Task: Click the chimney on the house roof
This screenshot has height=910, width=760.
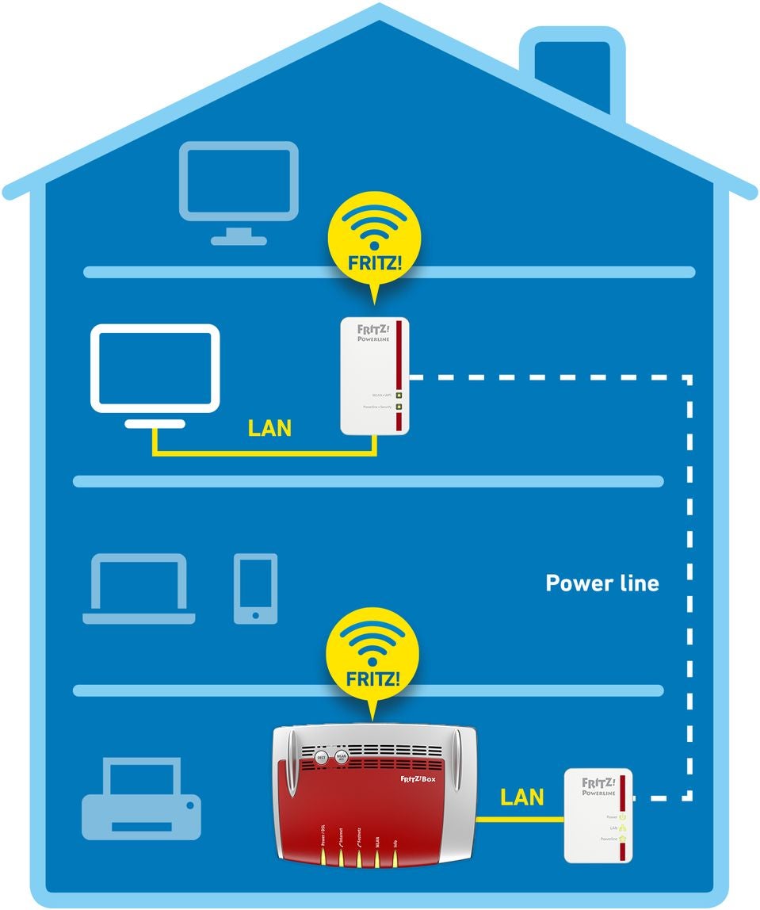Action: point(572,67)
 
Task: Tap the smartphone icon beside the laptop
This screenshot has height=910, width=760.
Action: point(255,588)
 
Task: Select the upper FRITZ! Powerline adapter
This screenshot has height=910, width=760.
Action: point(375,376)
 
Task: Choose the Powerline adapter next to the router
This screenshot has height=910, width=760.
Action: point(598,815)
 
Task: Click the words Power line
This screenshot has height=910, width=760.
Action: point(602,583)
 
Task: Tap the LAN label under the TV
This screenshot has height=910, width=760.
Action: point(269,429)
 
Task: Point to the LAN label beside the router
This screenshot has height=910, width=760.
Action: point(521,797)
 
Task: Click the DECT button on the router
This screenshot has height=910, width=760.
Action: point(322,757)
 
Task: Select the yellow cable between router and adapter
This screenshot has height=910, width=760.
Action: point(519,820)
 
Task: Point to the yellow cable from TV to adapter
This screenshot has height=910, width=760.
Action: point(262,453)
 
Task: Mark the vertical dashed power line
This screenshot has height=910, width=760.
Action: point(689,587)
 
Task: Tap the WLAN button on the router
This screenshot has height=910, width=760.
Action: point(342,757)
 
